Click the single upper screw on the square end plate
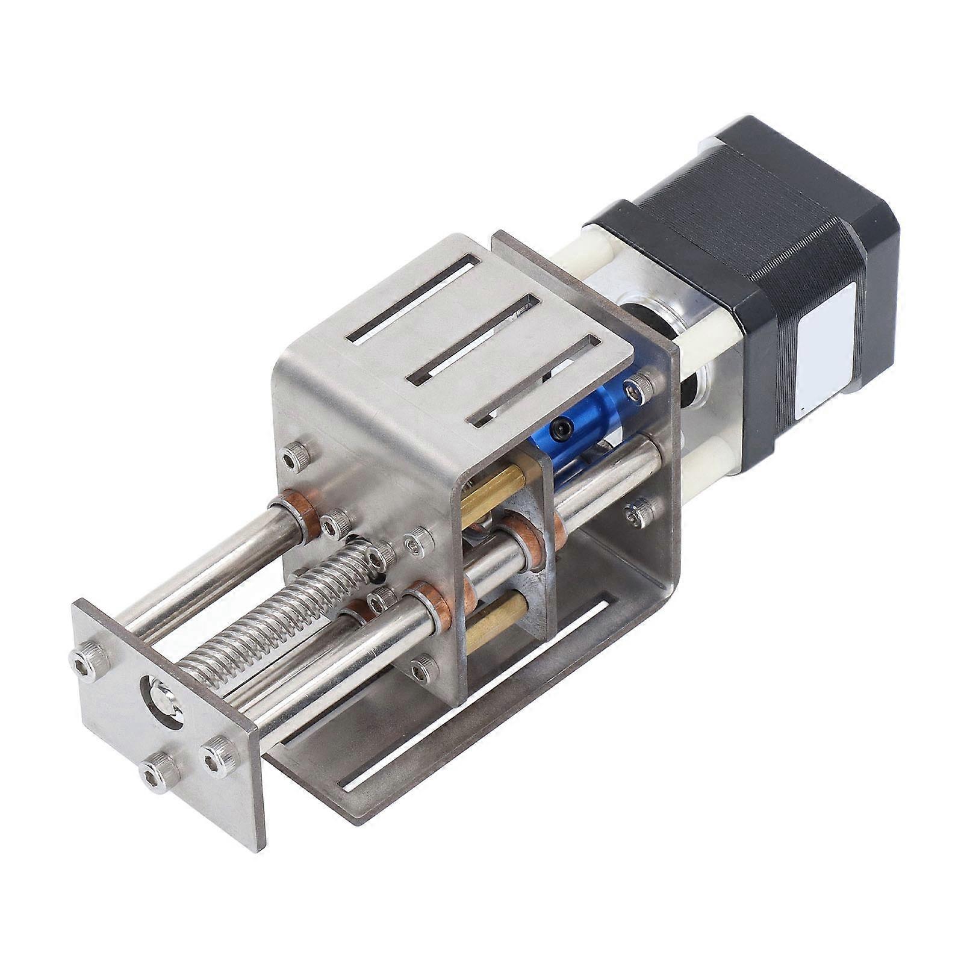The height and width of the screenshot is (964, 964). tap(89, 655)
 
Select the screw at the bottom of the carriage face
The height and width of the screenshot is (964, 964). tap(422, 665)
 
